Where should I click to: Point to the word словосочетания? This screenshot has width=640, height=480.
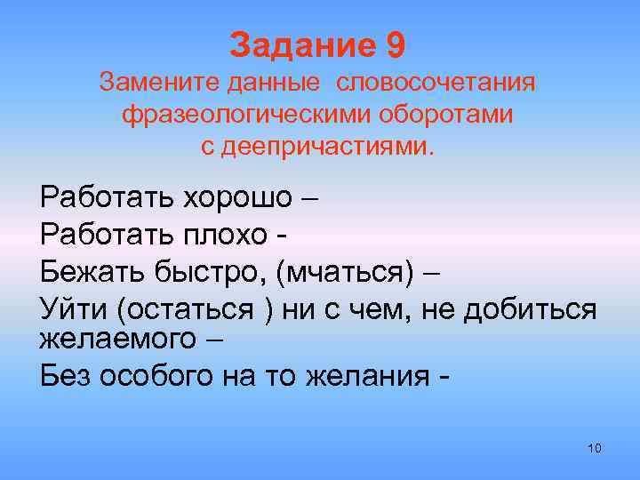pyautogui.click(x=436, y=84)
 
